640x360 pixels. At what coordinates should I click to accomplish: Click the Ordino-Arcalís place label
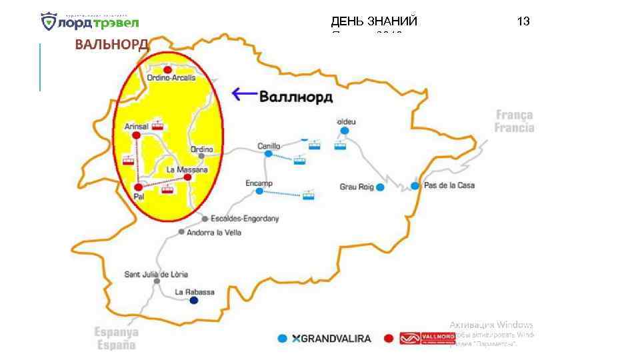(171, 78)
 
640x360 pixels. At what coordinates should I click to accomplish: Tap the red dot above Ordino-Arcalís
(168, 69)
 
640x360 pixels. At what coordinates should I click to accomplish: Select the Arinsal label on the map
(136, 126)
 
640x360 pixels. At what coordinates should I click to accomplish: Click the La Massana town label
(187, 169)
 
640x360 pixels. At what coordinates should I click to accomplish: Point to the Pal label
(139, 196)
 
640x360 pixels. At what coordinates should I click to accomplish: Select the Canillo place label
(269, 145)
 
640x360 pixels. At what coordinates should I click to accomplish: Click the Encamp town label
(259, 182)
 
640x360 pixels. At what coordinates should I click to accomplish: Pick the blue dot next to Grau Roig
(380, 187)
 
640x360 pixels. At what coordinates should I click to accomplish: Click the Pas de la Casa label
(449, 185)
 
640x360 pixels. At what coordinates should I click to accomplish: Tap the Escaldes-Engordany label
(244, 218)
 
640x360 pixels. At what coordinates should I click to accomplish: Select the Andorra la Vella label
(214, 233)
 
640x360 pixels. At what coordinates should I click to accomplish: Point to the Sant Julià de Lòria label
(157, 274)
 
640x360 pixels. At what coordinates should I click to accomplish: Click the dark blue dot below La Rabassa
(193, 301)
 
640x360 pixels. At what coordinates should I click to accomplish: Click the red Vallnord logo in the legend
(427, 339)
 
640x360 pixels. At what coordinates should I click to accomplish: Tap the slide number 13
(523, 21)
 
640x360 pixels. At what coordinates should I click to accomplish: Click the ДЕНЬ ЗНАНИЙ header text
(374, 21)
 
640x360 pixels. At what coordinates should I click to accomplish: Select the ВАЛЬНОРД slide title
(111, 45)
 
